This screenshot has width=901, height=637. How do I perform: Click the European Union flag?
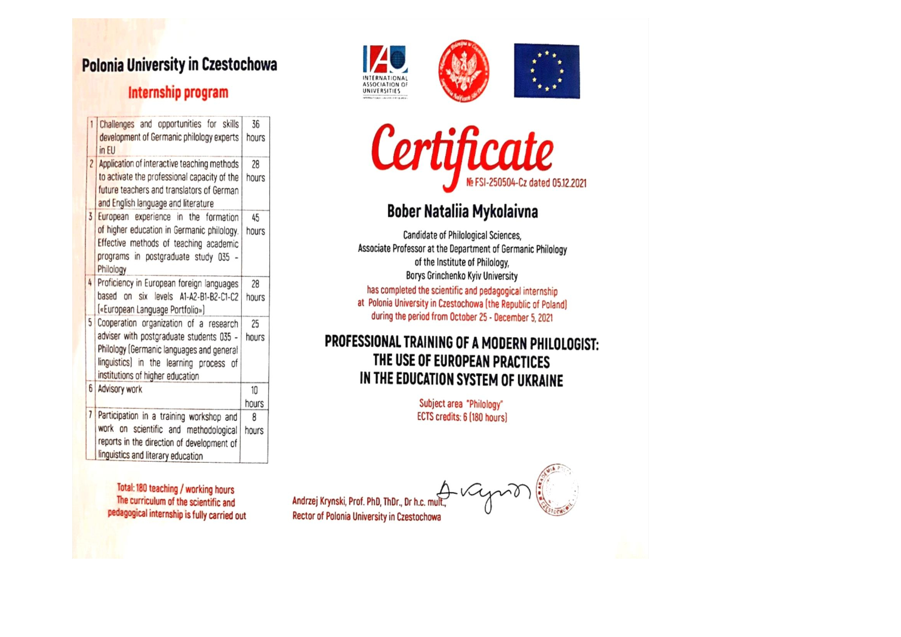547,71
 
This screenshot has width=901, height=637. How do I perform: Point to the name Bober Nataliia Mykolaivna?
462,212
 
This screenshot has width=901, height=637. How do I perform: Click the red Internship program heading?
178,93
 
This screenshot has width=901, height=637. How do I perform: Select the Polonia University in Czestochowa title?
180,65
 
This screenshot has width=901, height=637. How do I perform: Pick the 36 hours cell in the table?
255,131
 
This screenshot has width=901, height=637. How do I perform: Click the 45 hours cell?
255,224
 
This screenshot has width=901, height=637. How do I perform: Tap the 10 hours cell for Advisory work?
254,397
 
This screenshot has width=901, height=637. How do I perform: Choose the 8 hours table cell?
254,424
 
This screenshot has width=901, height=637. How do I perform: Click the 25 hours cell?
255,331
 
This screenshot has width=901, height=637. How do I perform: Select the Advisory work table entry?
120,389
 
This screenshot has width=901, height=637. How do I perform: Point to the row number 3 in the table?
91,217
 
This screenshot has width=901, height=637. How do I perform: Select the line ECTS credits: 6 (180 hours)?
462,417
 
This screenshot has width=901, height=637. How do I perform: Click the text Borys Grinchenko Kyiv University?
462,276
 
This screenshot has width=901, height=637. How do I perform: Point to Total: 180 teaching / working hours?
175,489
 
